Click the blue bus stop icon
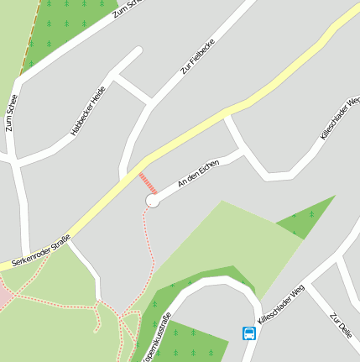tap(249, 333)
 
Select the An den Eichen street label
tap(198, 173)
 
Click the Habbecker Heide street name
tap(88, 110)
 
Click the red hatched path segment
tap(148, 183)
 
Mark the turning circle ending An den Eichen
tap(153, 201)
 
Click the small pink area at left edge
tap(4, 296)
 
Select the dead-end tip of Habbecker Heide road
tap(136, 52)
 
